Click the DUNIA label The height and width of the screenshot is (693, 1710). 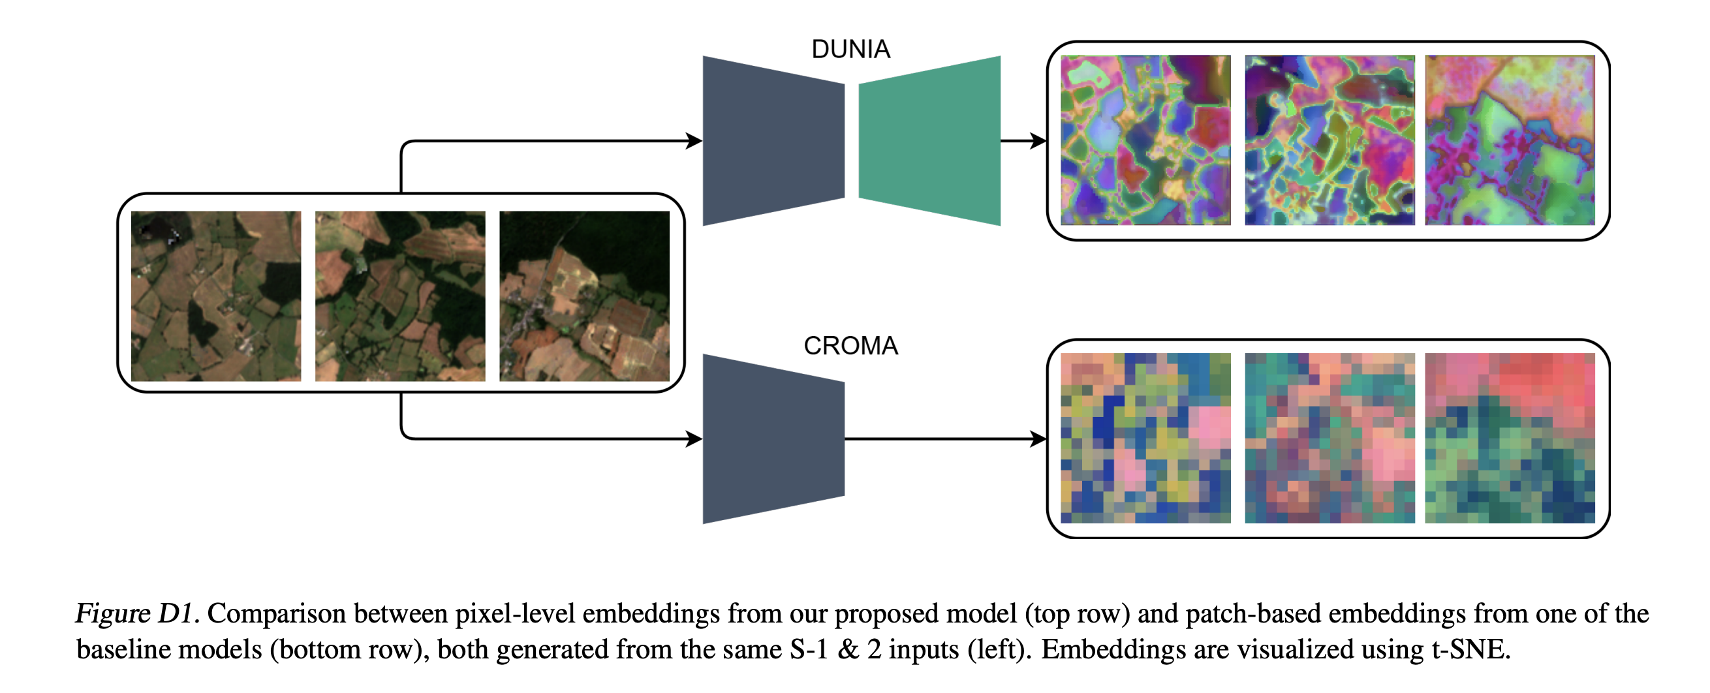[x=850, y=49]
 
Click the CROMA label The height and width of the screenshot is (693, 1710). [x=850, y=346]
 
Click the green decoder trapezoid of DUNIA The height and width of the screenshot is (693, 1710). [x=929, y=141]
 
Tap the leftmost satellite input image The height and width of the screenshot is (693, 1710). [x=216, y=296]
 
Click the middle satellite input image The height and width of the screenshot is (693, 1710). [x=400, y=296]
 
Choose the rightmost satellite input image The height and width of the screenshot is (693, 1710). [x=584, y=296]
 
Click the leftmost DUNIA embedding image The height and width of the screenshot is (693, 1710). [x=1145, y=140]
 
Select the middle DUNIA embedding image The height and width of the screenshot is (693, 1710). [x=1329, y=140]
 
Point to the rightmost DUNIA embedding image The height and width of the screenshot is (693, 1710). [x=1510, y=140]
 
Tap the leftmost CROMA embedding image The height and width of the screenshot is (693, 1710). [x=1145, y=438]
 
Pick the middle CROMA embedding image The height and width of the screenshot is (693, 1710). [x=1329, y=438]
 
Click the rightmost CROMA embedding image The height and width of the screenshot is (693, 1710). [x=1510, y=438]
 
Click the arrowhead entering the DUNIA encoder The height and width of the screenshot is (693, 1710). [x=694, y=141]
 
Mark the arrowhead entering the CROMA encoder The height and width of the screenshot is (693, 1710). [x=694, y=439]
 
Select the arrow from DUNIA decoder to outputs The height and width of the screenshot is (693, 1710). [x=1023, y=141]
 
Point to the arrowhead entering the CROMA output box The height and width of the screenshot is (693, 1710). [x=1038, y=439]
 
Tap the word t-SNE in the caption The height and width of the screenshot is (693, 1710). [x=1470, y=649]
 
